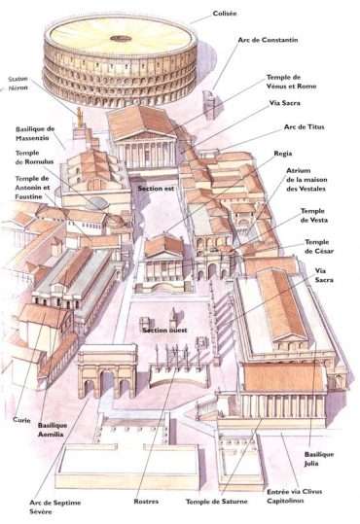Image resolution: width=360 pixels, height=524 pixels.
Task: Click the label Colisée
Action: (x=227, y=15)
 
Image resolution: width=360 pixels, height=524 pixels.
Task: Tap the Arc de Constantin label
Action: (x=267, y=41)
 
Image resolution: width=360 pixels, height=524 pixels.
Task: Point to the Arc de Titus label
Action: (x=303, y=126)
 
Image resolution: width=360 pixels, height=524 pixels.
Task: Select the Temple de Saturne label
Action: (x=215, y=503)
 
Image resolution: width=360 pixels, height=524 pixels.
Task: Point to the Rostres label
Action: (x=148, y=503)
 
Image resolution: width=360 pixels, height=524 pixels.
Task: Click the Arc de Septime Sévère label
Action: (x=47, y=507)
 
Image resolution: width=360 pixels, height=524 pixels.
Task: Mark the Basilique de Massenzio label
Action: (x=35, y=133)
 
